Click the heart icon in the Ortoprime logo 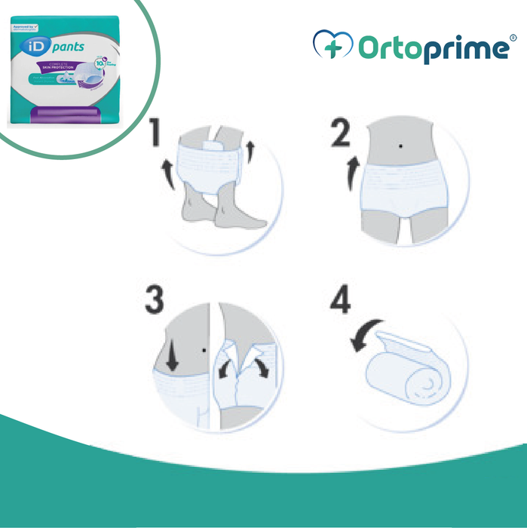click(x=332, y=46)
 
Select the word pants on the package click(x=69, y=48)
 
